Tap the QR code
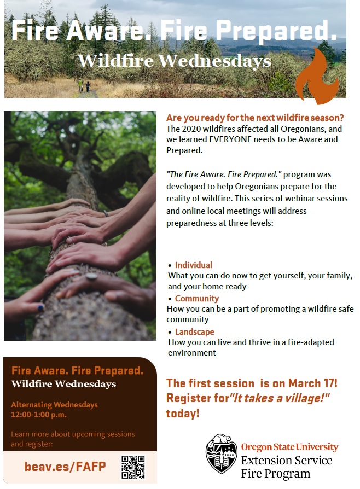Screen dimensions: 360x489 [133, 467]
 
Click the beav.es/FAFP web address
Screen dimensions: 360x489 [65, 467]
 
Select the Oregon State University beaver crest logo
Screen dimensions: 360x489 [222, 453]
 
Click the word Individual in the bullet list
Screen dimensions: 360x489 [194, 265]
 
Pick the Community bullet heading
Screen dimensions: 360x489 [197, 299]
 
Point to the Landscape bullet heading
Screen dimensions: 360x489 [195, 332]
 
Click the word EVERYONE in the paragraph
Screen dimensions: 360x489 [230, 139]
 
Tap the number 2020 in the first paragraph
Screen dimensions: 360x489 [190, 129]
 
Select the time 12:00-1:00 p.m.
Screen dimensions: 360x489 [39, 415]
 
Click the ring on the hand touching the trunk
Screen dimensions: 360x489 [91, 276]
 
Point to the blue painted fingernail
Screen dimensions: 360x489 [40, 308]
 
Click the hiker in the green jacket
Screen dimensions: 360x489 [80, 85]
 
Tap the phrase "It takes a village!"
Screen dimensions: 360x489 [280, 398]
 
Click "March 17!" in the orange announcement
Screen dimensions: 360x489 [312, 383]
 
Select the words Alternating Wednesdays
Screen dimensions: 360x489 [54, 405]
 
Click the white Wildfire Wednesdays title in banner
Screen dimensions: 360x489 [175, 61]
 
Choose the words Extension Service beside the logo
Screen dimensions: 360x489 [287, 461]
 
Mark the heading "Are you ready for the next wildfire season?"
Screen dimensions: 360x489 [255, 118]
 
